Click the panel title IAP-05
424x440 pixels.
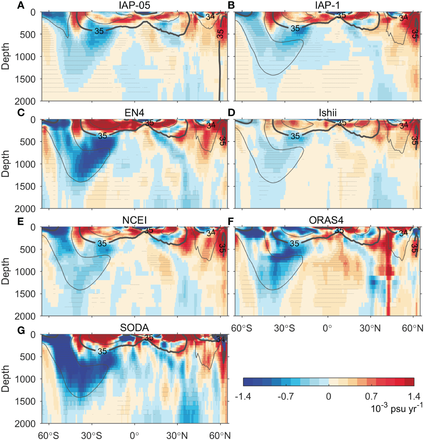tap(134, 5)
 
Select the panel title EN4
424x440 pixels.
tap(134, 113)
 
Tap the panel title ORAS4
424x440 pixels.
tap(326, 220)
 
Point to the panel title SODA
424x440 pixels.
tap(134, 328)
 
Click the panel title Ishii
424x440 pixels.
tap(327, 113)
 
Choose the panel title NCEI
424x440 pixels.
tap(134, 220)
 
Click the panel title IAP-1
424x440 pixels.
tap(327, 5)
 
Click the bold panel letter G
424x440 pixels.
tap(21, 330)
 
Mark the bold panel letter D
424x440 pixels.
tap(232, 112)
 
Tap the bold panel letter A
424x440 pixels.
tap(21, 5)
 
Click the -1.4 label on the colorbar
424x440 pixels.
tap(243, 397)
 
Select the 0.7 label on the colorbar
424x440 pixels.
tap(371, 397)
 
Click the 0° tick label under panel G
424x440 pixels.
tap(134, 435)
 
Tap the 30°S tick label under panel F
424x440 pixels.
tap(285, 328)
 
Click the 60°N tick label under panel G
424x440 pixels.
tap(220, 435)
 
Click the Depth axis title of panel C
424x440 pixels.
tap(6, 163)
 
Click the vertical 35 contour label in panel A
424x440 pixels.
tap(220, 34)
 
